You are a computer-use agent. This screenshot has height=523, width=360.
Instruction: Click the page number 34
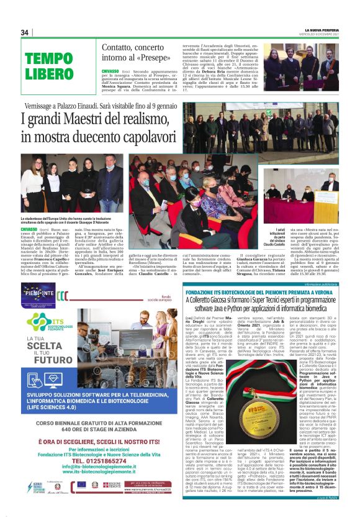click(x=25, y=32)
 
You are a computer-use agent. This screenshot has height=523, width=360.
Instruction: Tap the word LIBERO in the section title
click(x=51, y=74)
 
